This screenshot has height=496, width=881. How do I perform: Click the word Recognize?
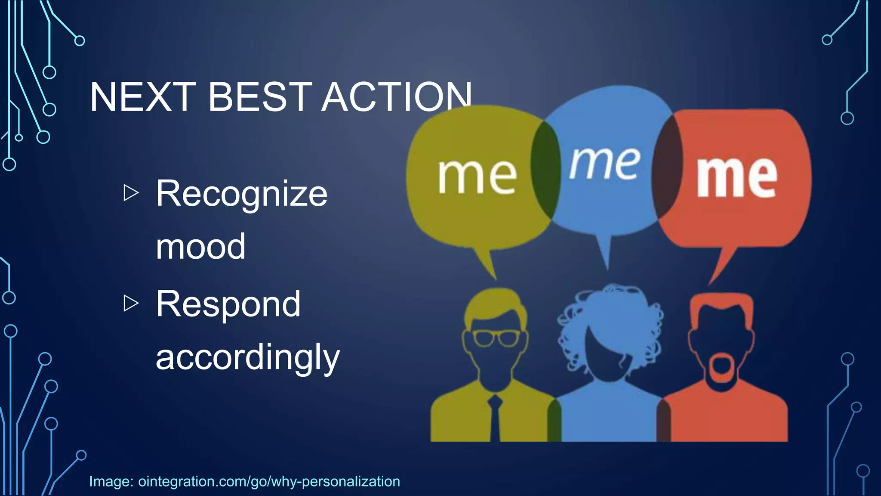coord(241,194)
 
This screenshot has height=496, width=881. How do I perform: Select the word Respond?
coord(228,304)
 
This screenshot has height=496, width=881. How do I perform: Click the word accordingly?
coord(248,357)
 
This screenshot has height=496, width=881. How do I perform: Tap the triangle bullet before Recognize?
coord(131,192)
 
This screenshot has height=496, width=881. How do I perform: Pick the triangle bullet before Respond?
coord(131,303)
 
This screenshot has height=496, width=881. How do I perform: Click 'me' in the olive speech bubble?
coord(477,176)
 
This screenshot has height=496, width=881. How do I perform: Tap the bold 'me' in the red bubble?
coord(736,177)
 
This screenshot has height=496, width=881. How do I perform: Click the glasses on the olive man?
coord(496,338)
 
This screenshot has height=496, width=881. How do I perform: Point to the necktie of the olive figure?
coord(495,418)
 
